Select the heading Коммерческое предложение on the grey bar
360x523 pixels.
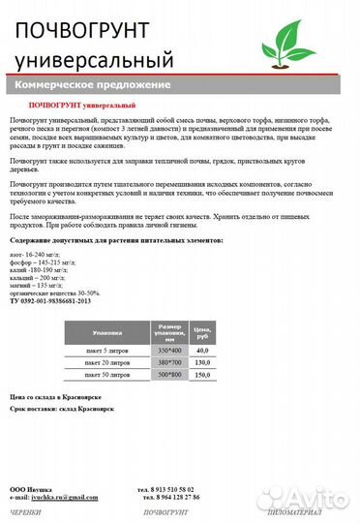pos(96,85)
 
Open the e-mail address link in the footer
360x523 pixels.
pos(65,497)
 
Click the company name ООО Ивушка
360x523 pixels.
pos(31,488)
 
